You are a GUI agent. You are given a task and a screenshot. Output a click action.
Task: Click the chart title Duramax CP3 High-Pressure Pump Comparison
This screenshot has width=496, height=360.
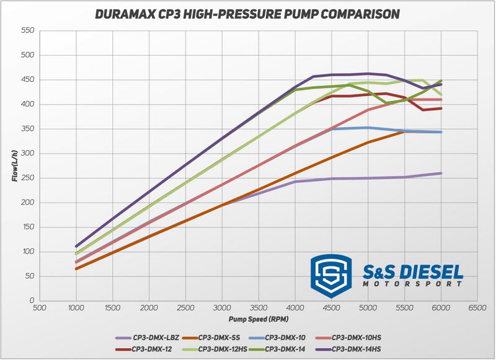(248, 12)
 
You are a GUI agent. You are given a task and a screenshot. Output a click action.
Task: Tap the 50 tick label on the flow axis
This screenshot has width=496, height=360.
(28, 276)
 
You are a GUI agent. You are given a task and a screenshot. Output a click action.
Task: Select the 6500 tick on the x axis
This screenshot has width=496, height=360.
(477, 307)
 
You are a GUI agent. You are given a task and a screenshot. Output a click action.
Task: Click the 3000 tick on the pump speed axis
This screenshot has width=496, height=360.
(221, 307)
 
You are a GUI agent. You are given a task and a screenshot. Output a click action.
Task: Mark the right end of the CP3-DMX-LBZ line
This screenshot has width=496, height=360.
(441, 173)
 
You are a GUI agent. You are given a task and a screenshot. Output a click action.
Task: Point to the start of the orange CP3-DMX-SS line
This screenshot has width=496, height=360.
(76, 268)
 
